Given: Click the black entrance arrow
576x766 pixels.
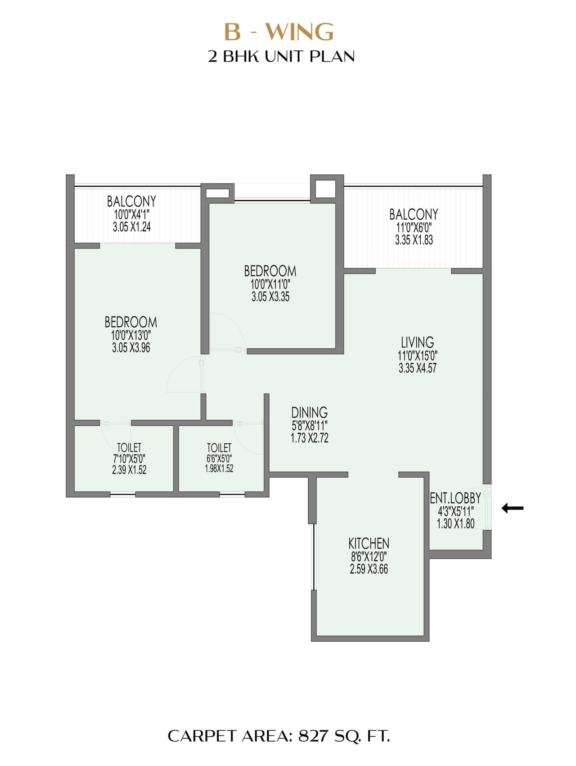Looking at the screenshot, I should point(513,508).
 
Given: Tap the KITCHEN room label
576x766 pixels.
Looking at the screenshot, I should point(369,543).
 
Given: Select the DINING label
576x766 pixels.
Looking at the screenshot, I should point(309,412).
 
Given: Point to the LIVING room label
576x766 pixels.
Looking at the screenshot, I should point(417,342).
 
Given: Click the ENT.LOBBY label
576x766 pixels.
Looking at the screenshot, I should point(455,498).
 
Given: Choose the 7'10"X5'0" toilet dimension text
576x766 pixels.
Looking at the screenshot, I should point(129,459).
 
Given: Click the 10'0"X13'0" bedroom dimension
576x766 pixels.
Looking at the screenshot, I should point(131,335).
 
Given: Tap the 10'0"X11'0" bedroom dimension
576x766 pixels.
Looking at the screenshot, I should point(270,284).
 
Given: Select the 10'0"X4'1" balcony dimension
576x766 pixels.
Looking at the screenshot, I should point(131,214).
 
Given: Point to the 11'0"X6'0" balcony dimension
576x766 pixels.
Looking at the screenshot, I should point(414,227).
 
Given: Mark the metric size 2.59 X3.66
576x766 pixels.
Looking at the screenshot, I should point(369,569).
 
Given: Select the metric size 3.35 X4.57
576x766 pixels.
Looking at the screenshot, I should point(417,368).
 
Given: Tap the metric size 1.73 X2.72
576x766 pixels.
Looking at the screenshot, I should point(309,438).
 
